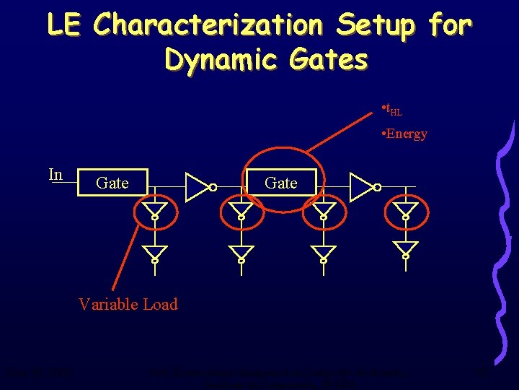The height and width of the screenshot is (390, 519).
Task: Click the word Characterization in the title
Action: point(208,25)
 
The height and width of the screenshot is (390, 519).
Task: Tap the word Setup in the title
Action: point(376,25)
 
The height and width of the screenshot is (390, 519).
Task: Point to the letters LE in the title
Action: point(65,25)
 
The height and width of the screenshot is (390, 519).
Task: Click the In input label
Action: point(56,175)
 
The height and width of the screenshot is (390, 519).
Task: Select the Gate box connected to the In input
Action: point(112,183)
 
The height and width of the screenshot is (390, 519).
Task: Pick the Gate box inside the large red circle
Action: point(281,183)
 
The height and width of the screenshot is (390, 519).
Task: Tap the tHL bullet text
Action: point(393,110)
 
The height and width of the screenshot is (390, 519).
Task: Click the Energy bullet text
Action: point(406,134)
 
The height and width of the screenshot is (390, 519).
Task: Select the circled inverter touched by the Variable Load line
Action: point(154,212)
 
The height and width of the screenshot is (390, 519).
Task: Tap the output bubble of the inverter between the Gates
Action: point(213,188)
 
